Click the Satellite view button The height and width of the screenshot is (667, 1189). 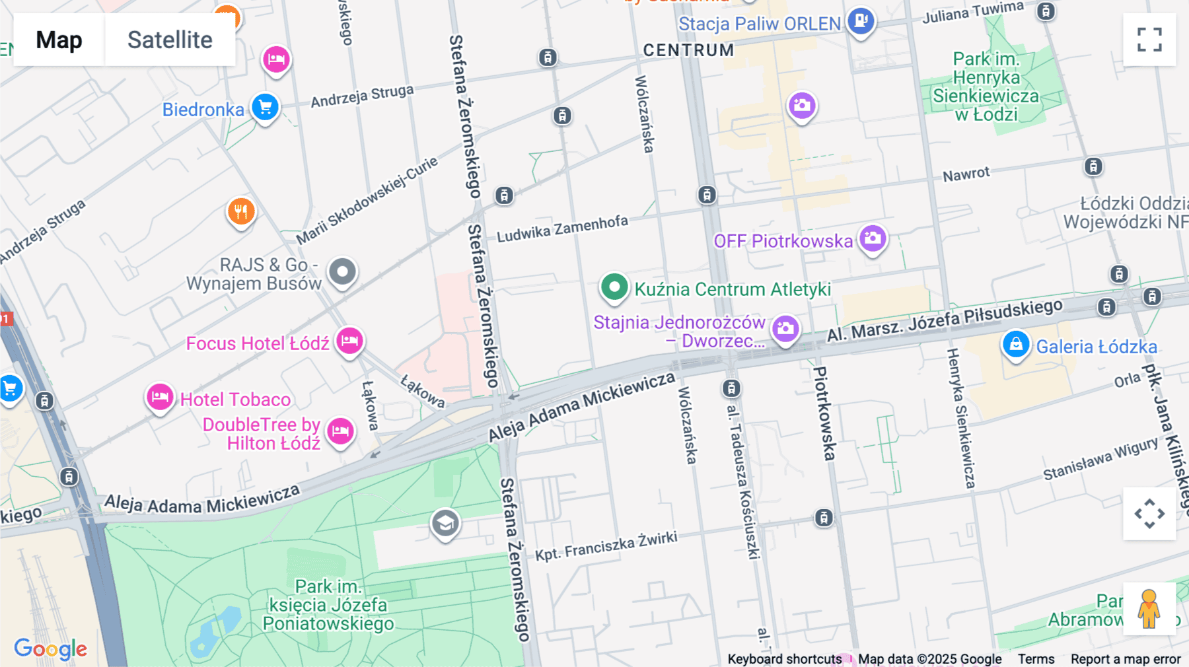(x=170, y=40)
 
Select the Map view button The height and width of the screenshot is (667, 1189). (x=59, y=40)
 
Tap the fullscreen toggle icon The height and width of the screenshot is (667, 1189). (x=1149, y=40)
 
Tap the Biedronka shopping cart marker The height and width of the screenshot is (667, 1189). (x=265, y=107)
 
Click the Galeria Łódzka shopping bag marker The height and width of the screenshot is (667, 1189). (x=1016, y=344)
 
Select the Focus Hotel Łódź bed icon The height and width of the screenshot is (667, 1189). (x=349, y=341)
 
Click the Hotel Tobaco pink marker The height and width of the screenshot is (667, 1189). (x=160, y=398)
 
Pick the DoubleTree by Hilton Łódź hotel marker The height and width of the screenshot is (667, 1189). (x=341, y=431)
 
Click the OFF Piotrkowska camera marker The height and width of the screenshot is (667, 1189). (x=873, y=238)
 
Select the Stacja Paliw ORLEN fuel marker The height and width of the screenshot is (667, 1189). (x=861, y=21)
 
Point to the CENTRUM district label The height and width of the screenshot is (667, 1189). (x=688, y=50)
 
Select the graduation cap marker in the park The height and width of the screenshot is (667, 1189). (x=445, y=524)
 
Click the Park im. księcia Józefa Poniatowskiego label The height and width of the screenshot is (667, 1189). (x=328, y=605)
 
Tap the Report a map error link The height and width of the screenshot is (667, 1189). (x=1126, y=659)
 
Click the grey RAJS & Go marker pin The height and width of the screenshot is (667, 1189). (x=342, y=271)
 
